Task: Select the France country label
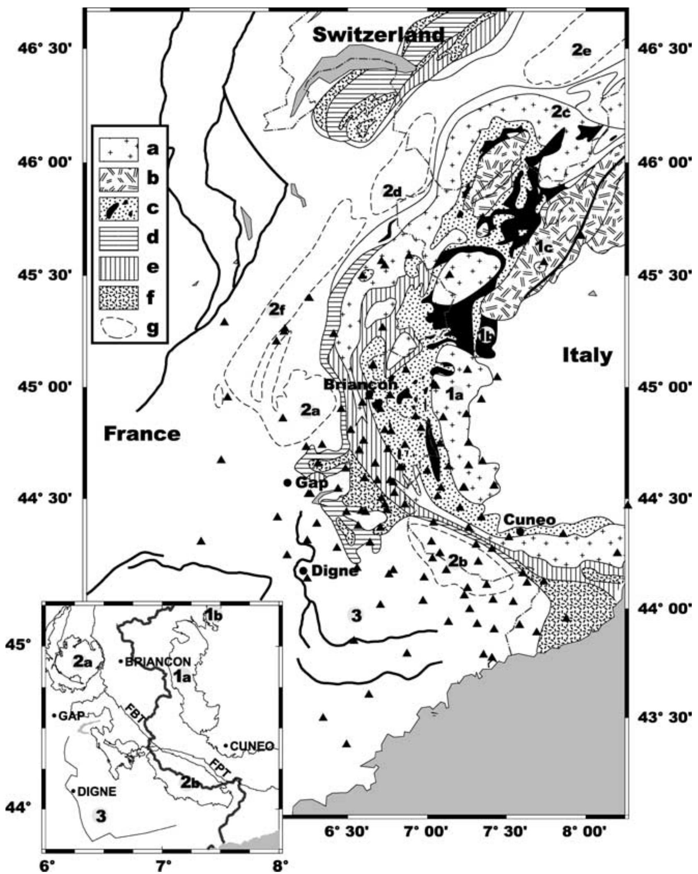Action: point(142,434)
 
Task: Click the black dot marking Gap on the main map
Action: point(287,483)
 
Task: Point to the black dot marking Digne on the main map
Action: point(303,571)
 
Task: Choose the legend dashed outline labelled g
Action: point(119,329)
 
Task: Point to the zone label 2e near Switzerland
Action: point(582,51)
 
